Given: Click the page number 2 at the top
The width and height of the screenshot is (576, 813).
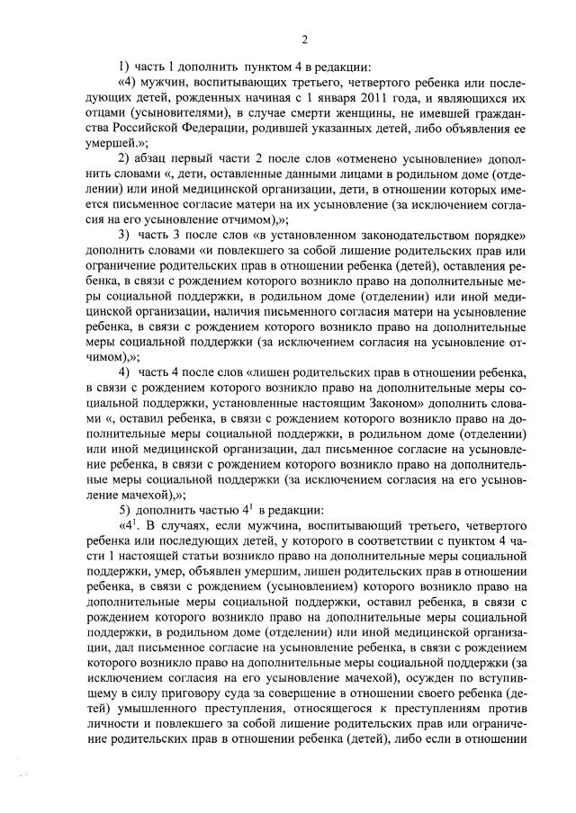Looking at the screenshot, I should click(x=305, y=39).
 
